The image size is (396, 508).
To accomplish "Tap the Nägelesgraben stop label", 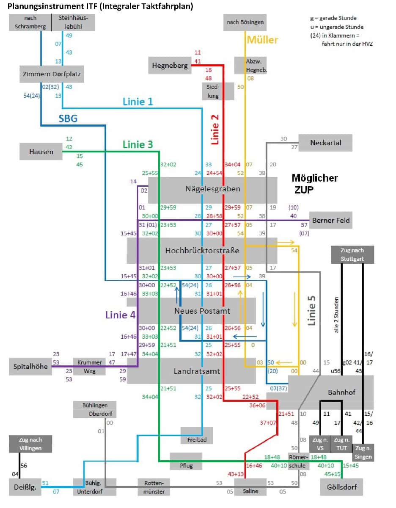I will pos(213,189).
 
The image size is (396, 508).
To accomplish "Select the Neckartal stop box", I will pos(325,143).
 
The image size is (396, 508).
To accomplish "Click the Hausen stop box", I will pos(41,151).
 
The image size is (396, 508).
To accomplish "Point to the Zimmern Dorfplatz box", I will pos(51,74).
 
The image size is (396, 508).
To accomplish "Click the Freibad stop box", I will pos(197,439).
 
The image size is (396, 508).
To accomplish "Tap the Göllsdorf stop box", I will pos(341,487).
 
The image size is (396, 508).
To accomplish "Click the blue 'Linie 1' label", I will pos(137,102).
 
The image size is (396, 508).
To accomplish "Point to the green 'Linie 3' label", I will pos(137,144).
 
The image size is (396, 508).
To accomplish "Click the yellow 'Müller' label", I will pos(262,40).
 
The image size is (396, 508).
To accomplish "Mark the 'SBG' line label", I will pos(68,119).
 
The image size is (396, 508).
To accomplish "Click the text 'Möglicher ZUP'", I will pos(314,183).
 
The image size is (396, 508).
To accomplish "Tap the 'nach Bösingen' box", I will pos(245,22).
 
